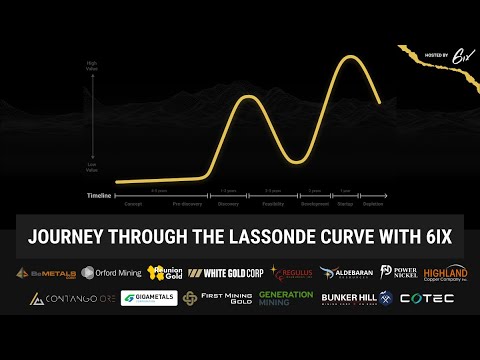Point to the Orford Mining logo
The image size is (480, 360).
coord(111,273)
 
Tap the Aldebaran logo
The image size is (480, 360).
coord(346,273)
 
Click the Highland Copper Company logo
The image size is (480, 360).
coord(445,273)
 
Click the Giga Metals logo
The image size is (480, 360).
coord(149,298)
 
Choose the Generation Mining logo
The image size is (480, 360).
coord(286,298)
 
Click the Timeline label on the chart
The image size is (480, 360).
coord(98,194)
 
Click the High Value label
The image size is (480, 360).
coord(93,66)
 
